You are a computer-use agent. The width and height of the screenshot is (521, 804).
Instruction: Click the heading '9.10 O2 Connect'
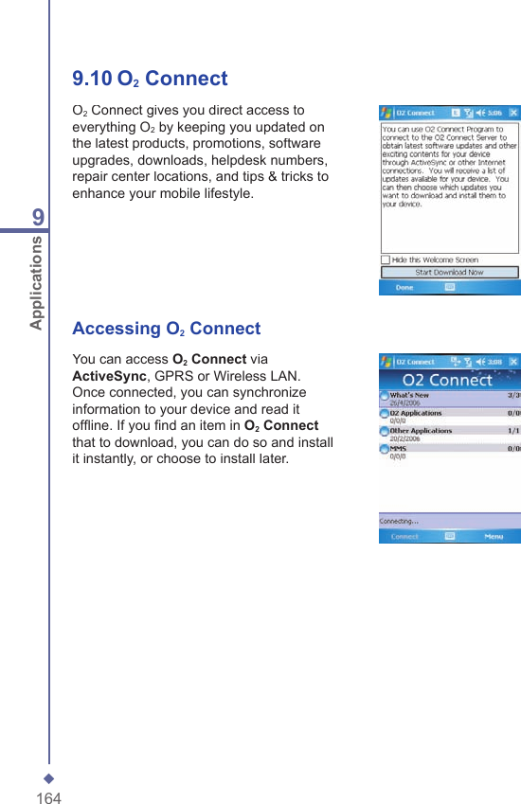click(x=150, y=79)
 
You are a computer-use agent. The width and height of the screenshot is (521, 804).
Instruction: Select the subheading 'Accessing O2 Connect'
click(x=166, y=329)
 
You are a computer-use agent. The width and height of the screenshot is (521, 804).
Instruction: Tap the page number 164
click(x=48, y=798)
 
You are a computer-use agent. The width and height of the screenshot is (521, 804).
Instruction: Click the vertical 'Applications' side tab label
click(x=36, y=282)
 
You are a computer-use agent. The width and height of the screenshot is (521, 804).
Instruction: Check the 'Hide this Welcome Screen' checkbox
click(x=386, y=259)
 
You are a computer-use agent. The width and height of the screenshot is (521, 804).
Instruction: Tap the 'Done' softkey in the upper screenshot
click(x=404, y=287)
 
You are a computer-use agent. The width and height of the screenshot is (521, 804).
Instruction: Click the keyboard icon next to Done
click(x=451, y=287)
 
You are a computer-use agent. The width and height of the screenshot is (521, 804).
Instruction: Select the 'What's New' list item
click(x=409, y=395)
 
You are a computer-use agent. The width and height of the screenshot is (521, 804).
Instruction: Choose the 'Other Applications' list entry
click(x=421, y=430)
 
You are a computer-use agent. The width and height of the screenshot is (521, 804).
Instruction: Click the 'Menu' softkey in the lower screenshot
click(x=494, y=536)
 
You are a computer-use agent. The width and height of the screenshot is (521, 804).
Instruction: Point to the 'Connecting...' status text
click(x=400, y=521)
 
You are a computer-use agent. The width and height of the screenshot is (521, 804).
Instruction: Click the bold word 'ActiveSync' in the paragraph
click(x=102, y=376)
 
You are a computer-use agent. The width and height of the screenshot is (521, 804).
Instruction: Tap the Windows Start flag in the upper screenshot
click(x=386, y=113)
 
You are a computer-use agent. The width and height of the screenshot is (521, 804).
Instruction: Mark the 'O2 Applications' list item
click(x=415, y=413)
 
